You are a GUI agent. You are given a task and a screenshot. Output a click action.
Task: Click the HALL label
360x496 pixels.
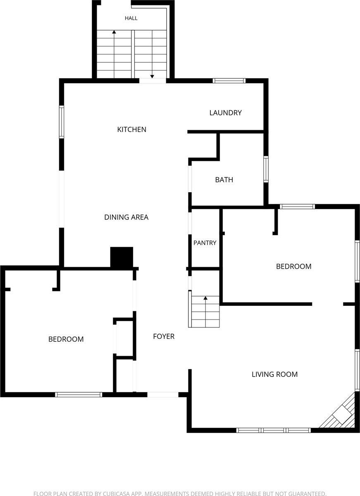click(131, 18)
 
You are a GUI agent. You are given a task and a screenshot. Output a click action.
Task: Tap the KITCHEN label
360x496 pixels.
click(132, 129)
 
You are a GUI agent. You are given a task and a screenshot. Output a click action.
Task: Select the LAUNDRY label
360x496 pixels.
click(225, 113)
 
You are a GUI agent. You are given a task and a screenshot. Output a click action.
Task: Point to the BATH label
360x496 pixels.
click(224, 179)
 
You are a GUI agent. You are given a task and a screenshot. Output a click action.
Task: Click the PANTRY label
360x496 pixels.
click(205, 243)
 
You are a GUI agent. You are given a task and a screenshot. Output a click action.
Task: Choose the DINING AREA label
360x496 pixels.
click(126, 217)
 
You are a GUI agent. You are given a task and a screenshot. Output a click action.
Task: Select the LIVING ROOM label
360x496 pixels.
click(274, 374)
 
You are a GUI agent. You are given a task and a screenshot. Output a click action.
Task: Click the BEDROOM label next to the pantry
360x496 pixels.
click(293, 266)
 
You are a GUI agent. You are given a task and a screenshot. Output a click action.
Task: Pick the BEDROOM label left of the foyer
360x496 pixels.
click(66, 339)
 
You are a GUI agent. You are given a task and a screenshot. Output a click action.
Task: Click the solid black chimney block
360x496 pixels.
click(122, 258)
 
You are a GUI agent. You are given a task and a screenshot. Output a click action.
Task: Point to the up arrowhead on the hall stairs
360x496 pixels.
click(114, 32)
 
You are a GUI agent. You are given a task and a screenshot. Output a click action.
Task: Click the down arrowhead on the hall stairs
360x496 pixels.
click(152, 76)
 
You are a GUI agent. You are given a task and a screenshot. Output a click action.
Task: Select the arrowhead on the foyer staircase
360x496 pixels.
click(205, 298)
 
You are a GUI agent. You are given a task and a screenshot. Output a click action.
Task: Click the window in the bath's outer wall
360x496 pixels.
click(266, 169)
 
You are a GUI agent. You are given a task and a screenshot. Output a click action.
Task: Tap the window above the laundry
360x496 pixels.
click(229, 81)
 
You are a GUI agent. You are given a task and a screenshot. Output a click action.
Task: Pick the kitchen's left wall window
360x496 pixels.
click(62, 122)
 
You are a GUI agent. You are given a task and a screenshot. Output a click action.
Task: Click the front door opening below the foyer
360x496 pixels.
click(163, 395)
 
